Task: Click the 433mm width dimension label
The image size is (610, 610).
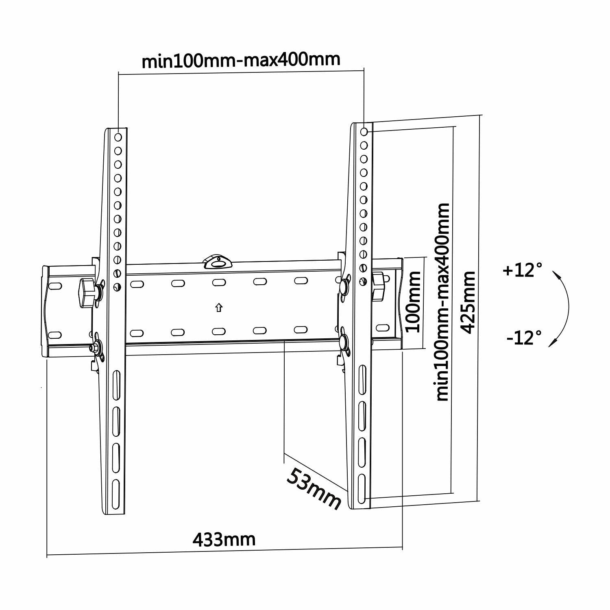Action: tap(224, 540)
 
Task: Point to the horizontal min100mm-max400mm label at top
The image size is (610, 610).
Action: tap(241, 60)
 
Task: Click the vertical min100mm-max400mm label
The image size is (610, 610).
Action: tap(443, 302)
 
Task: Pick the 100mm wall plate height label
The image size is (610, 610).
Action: tap(414, 302)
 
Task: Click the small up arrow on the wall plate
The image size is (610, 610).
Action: tap(219, 307)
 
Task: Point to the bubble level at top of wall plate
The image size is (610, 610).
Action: tap(218, 263)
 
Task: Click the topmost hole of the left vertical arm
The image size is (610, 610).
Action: tap(118, 137)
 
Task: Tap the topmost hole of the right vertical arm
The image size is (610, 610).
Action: tap(364, 132)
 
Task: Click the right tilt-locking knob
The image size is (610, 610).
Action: tap(378, 287)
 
